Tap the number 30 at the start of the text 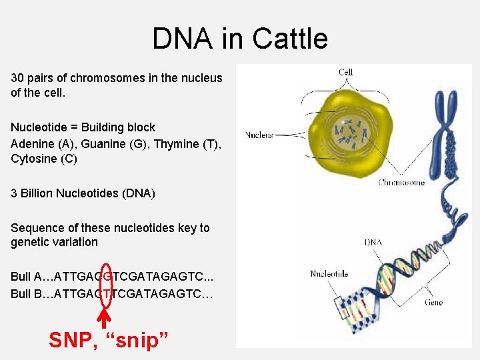click(x=17, y=78)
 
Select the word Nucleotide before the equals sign click(x=39, y=127)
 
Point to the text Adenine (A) click(x=43, y=143)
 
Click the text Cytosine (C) click(x=44, y=159)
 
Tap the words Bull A click(x=26, y=277)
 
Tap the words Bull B click(x=26, y=293)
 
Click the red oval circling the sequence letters click(x=105, y=285)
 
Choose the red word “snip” click(x=140, y=340)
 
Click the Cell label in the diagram click(x=345, y=72)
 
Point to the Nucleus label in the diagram click(x=259, y=135)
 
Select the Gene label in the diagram click(x=433, y=302)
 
